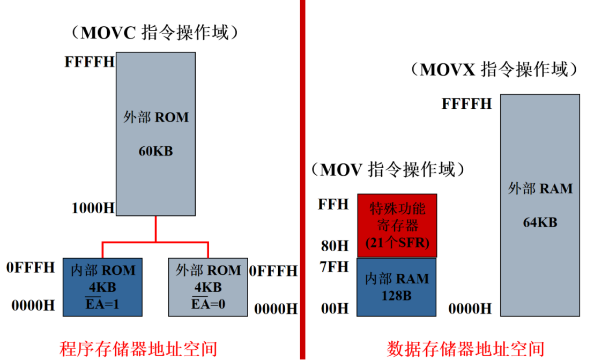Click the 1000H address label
click(93, 208)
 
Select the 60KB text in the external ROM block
click(155, 151)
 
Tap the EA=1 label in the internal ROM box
click(102, 305)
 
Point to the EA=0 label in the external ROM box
click(208, 305)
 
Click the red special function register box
click(397, 226)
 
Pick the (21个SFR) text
click(397, 243)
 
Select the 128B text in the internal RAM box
click(396, 296)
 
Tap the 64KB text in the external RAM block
click(540, 222)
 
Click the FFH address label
click(333, 205)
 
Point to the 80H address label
click(334, 246)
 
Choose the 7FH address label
click(334, 267)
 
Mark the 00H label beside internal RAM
click(334, 309)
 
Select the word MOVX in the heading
click(448, 70)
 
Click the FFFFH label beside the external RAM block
click(466, 103)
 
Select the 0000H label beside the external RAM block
click(470, 309)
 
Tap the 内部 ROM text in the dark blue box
click(102, 271)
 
